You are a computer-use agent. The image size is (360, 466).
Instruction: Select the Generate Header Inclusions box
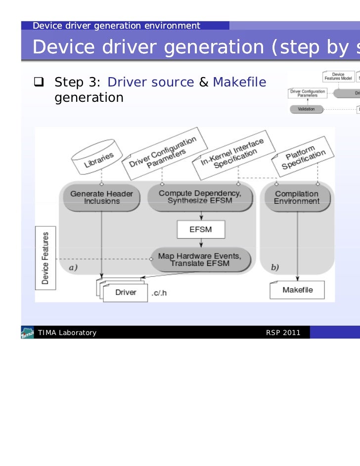pyautogui.click(x=101, y=197)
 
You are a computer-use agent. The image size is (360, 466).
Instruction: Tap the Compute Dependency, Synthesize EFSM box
pyautogui.click(x=200, y=197)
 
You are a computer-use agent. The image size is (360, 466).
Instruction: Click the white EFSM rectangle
pyautogui.click(x=201, y=230)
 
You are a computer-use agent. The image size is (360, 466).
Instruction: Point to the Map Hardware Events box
pyautogui.click(x=200, y=259)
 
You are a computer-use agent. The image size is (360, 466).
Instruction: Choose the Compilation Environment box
pyautogui.click(x=297, y=197)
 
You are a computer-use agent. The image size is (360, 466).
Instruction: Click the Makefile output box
pyautogui.click(x=297, y=290)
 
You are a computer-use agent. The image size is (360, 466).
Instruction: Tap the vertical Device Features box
pyautogui.click(x=45, y=257)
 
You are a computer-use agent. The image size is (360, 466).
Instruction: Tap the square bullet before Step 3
pyautogui.click(x=40, y=82)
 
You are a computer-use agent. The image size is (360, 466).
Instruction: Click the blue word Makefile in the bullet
pyautogui.click(x=239, y=82)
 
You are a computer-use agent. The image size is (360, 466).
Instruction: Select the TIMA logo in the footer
pyautogui.click(x=27, y=333)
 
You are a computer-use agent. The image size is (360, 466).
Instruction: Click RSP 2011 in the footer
pyautogui.click(x=283, y=333)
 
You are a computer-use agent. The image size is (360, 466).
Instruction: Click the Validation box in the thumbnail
pyautogui.click(x=306, y=109)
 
